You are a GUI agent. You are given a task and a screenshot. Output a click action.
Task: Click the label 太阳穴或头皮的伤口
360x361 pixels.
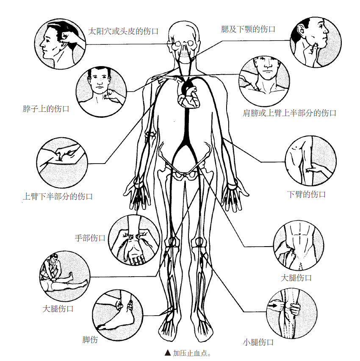click(x=123, y=31)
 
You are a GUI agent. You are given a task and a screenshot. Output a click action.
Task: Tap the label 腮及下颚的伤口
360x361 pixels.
click(x=248, y=29)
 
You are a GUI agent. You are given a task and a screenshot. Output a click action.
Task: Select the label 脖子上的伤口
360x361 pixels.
click(x=46, y=108)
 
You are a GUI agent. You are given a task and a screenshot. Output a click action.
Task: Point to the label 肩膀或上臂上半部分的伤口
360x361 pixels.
click(x=289, y=113)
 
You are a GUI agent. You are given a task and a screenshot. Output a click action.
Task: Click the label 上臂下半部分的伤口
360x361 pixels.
click(x=58, y=196)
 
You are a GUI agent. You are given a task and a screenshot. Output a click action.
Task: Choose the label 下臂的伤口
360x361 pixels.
click(x=306, y=194)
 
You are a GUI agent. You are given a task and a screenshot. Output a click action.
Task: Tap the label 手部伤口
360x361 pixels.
click(x=90, y=238)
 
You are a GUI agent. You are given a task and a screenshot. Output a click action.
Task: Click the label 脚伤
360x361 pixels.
click(x=90, y=339)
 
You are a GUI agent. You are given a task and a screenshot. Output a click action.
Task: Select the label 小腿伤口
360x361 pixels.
click(x=258, y=342)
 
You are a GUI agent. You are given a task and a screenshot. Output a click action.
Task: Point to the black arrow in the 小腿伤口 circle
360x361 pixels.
click(x=273, y=306)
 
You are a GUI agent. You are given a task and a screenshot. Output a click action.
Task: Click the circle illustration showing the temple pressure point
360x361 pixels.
click(x=60, y=44)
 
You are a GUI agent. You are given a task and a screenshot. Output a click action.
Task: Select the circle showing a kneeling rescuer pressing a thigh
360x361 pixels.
click(x=65, y=276)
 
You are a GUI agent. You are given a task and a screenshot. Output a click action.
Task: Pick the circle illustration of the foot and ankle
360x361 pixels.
click(x=118, y=315)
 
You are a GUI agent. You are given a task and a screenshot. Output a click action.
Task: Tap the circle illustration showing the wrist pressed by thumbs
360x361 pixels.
click(x=134, y=240)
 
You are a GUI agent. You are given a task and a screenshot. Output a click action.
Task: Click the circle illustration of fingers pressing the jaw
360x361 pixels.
click(x=316, y=42)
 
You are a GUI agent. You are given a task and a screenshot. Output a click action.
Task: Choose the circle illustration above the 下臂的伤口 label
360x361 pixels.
click(x=311, y=161)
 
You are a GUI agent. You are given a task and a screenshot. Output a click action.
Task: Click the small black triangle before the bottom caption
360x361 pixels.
click(x=168, y=353)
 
